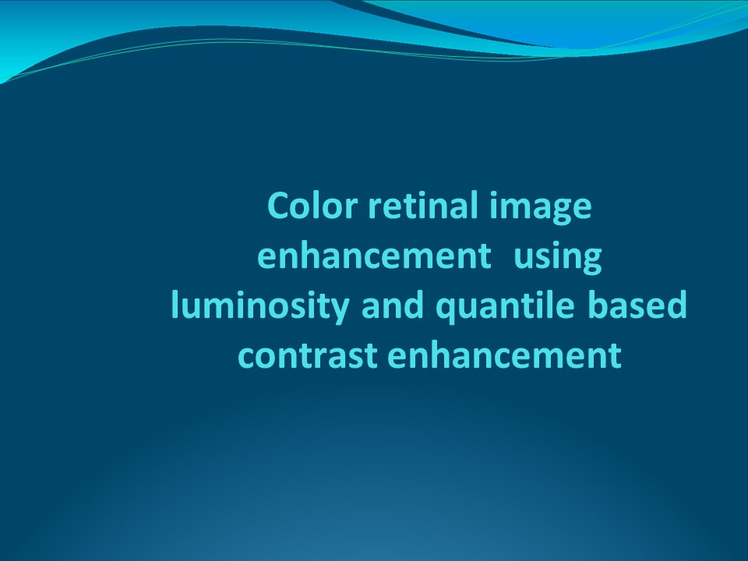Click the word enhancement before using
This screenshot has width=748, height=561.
(369, 256)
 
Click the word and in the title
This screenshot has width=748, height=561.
(393, 306)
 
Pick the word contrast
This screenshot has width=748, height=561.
(307, 356)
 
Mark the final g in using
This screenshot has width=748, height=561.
(592, 261)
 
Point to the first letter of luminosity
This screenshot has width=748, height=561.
(175, 305)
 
